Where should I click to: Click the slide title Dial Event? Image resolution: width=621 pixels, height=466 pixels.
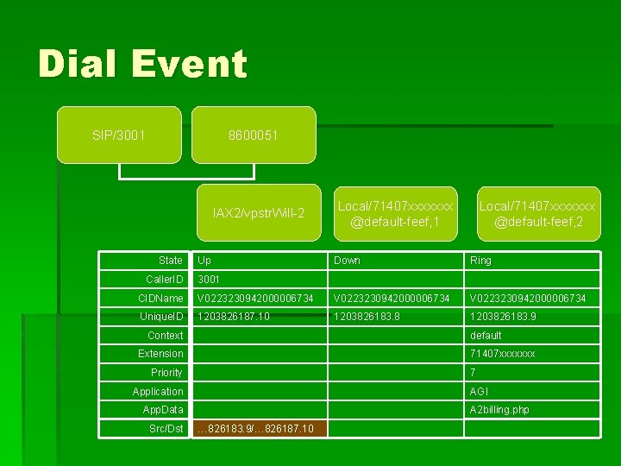(142, 65)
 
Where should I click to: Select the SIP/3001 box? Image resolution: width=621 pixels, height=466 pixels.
(119, 135)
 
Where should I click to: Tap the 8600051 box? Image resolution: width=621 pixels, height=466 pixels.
(253, 135)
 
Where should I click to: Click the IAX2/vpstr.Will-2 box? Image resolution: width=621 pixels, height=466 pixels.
(259, 212)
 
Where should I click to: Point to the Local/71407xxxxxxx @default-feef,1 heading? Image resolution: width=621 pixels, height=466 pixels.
(395, 214)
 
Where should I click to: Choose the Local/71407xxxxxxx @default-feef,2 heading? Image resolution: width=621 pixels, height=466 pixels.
(537, 214)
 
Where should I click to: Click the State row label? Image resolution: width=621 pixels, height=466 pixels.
(170, 261)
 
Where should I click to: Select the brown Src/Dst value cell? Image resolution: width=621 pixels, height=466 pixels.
(260, 429)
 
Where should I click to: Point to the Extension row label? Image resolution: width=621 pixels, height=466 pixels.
(160, 354)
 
